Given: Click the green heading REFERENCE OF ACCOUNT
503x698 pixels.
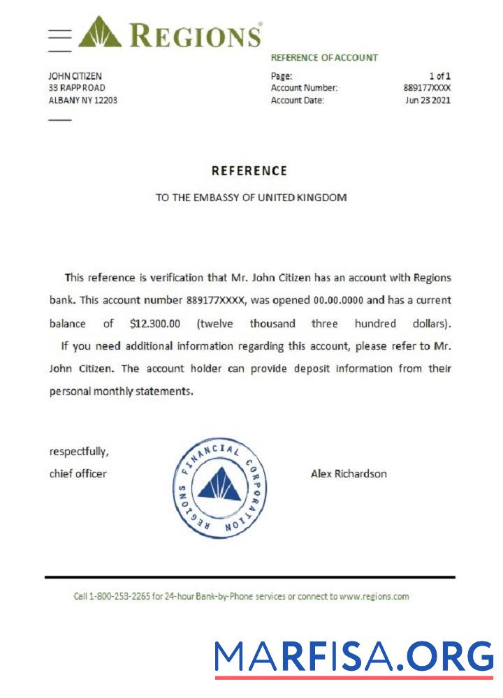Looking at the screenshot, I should tap(324, 58).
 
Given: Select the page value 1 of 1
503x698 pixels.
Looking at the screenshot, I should tap(439, 76).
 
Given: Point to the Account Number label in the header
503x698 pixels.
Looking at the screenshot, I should tap(304, 88).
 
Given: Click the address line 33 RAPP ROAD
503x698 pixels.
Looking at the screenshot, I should tap(77, 88).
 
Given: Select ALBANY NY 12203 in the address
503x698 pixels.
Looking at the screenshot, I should tap(82, 100).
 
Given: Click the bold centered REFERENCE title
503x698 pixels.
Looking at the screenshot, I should tap(249, 171).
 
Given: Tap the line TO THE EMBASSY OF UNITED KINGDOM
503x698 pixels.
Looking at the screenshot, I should tap(251, 198).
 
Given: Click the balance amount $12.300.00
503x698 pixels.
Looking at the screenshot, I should tap(155, 324).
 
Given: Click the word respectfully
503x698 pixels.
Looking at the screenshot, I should tap(79, 451).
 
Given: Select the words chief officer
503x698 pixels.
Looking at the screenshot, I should tap(78, 474).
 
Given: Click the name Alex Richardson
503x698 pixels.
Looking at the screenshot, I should tap(349, 474).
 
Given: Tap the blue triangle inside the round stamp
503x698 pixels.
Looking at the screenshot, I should tap(219, 486).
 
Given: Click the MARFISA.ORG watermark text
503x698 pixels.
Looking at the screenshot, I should tap(353, 657).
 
